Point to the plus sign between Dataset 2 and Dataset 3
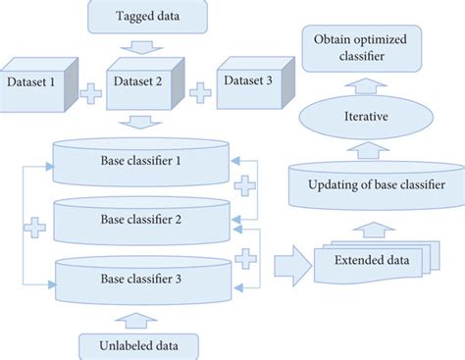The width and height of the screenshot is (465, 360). [199, 93]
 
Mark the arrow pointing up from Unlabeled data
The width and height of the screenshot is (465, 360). [141, 320]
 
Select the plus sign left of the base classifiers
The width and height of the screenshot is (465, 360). [36, 228]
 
